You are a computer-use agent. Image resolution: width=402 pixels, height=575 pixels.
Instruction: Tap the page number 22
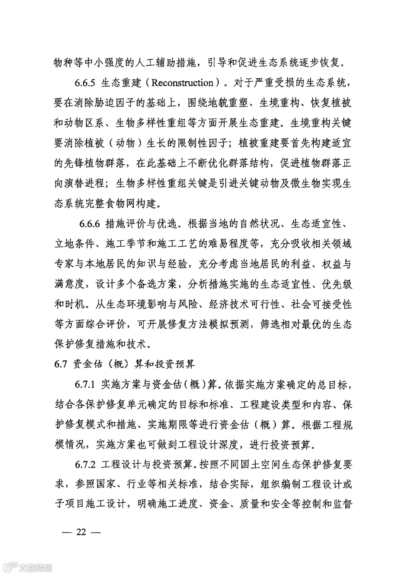pyautogui.click(x=81, y=532)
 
